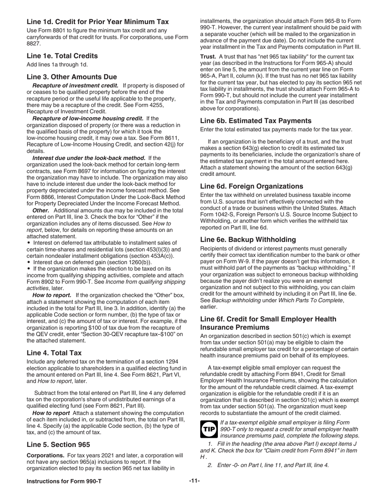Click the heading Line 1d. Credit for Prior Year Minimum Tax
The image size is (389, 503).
[x=97, y=22]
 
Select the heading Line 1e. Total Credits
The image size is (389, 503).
[x=62, y=56]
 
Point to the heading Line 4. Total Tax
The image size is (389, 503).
[x=54, y=353]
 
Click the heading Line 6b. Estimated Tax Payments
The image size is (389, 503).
[x=256, y=121]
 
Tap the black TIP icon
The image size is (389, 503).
[x=209, y=429]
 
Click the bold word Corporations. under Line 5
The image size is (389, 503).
[x=45, y=455]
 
